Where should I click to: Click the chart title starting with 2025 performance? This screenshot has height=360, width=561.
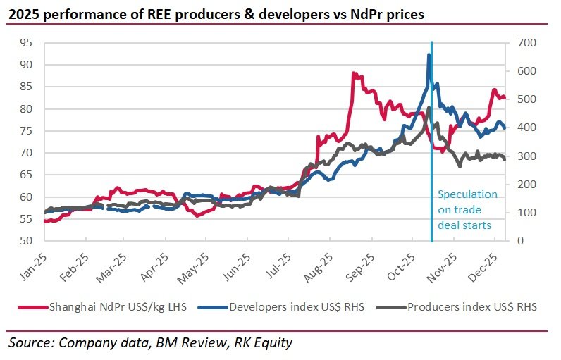[x=217, y=13]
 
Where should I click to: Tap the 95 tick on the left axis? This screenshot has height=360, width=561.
[x=27, y=43]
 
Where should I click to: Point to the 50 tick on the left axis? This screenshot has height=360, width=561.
[x=27, y=241]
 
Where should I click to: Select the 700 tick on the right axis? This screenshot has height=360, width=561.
[x=526, y=43]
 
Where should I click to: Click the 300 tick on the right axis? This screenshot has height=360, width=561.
[x=526, y=156]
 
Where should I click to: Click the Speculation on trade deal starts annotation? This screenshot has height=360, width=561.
[x=467, y=209]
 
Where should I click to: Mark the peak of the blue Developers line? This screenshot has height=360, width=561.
[x=429, y=55]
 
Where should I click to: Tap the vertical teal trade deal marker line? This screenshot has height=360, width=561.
[x=431, y=176]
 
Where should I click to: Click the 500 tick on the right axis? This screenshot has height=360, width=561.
[x=526, y=99]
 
